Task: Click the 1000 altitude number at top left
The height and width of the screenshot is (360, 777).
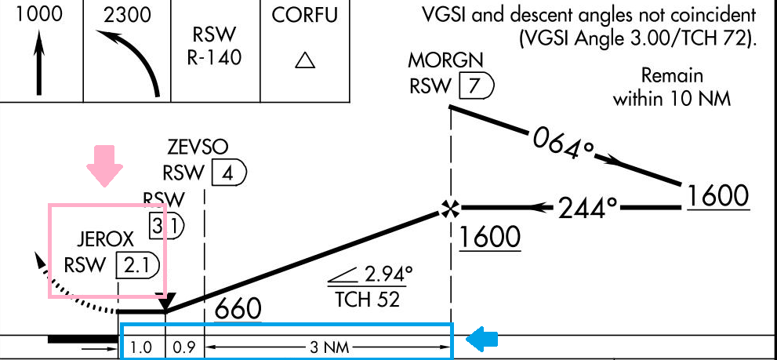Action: pyautogui.click(x=41, y=15)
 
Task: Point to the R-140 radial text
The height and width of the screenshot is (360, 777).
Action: pyautogui.click(x=214, y=56)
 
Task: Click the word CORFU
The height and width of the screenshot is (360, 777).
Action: pyautogui.click(x=304, y=15)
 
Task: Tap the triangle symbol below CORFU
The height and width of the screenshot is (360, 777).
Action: pyautogui.click(x=304, y=61)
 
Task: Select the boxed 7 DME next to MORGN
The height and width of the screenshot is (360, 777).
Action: pyautogui.click(x=474, y=85)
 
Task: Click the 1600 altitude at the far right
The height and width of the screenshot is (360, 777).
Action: pyautogui.click(x=717, y=196)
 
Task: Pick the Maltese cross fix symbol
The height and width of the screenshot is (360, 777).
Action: pyautogui.click(x=449, y=209)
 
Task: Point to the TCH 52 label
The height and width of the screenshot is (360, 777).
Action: pyautogui.click(x=366, y=299)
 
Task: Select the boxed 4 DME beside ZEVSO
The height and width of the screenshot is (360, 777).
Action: pyautogui.click(x=227, y=173)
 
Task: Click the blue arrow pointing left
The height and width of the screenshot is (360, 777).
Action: pyautogui.click(x=483, y=339)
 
